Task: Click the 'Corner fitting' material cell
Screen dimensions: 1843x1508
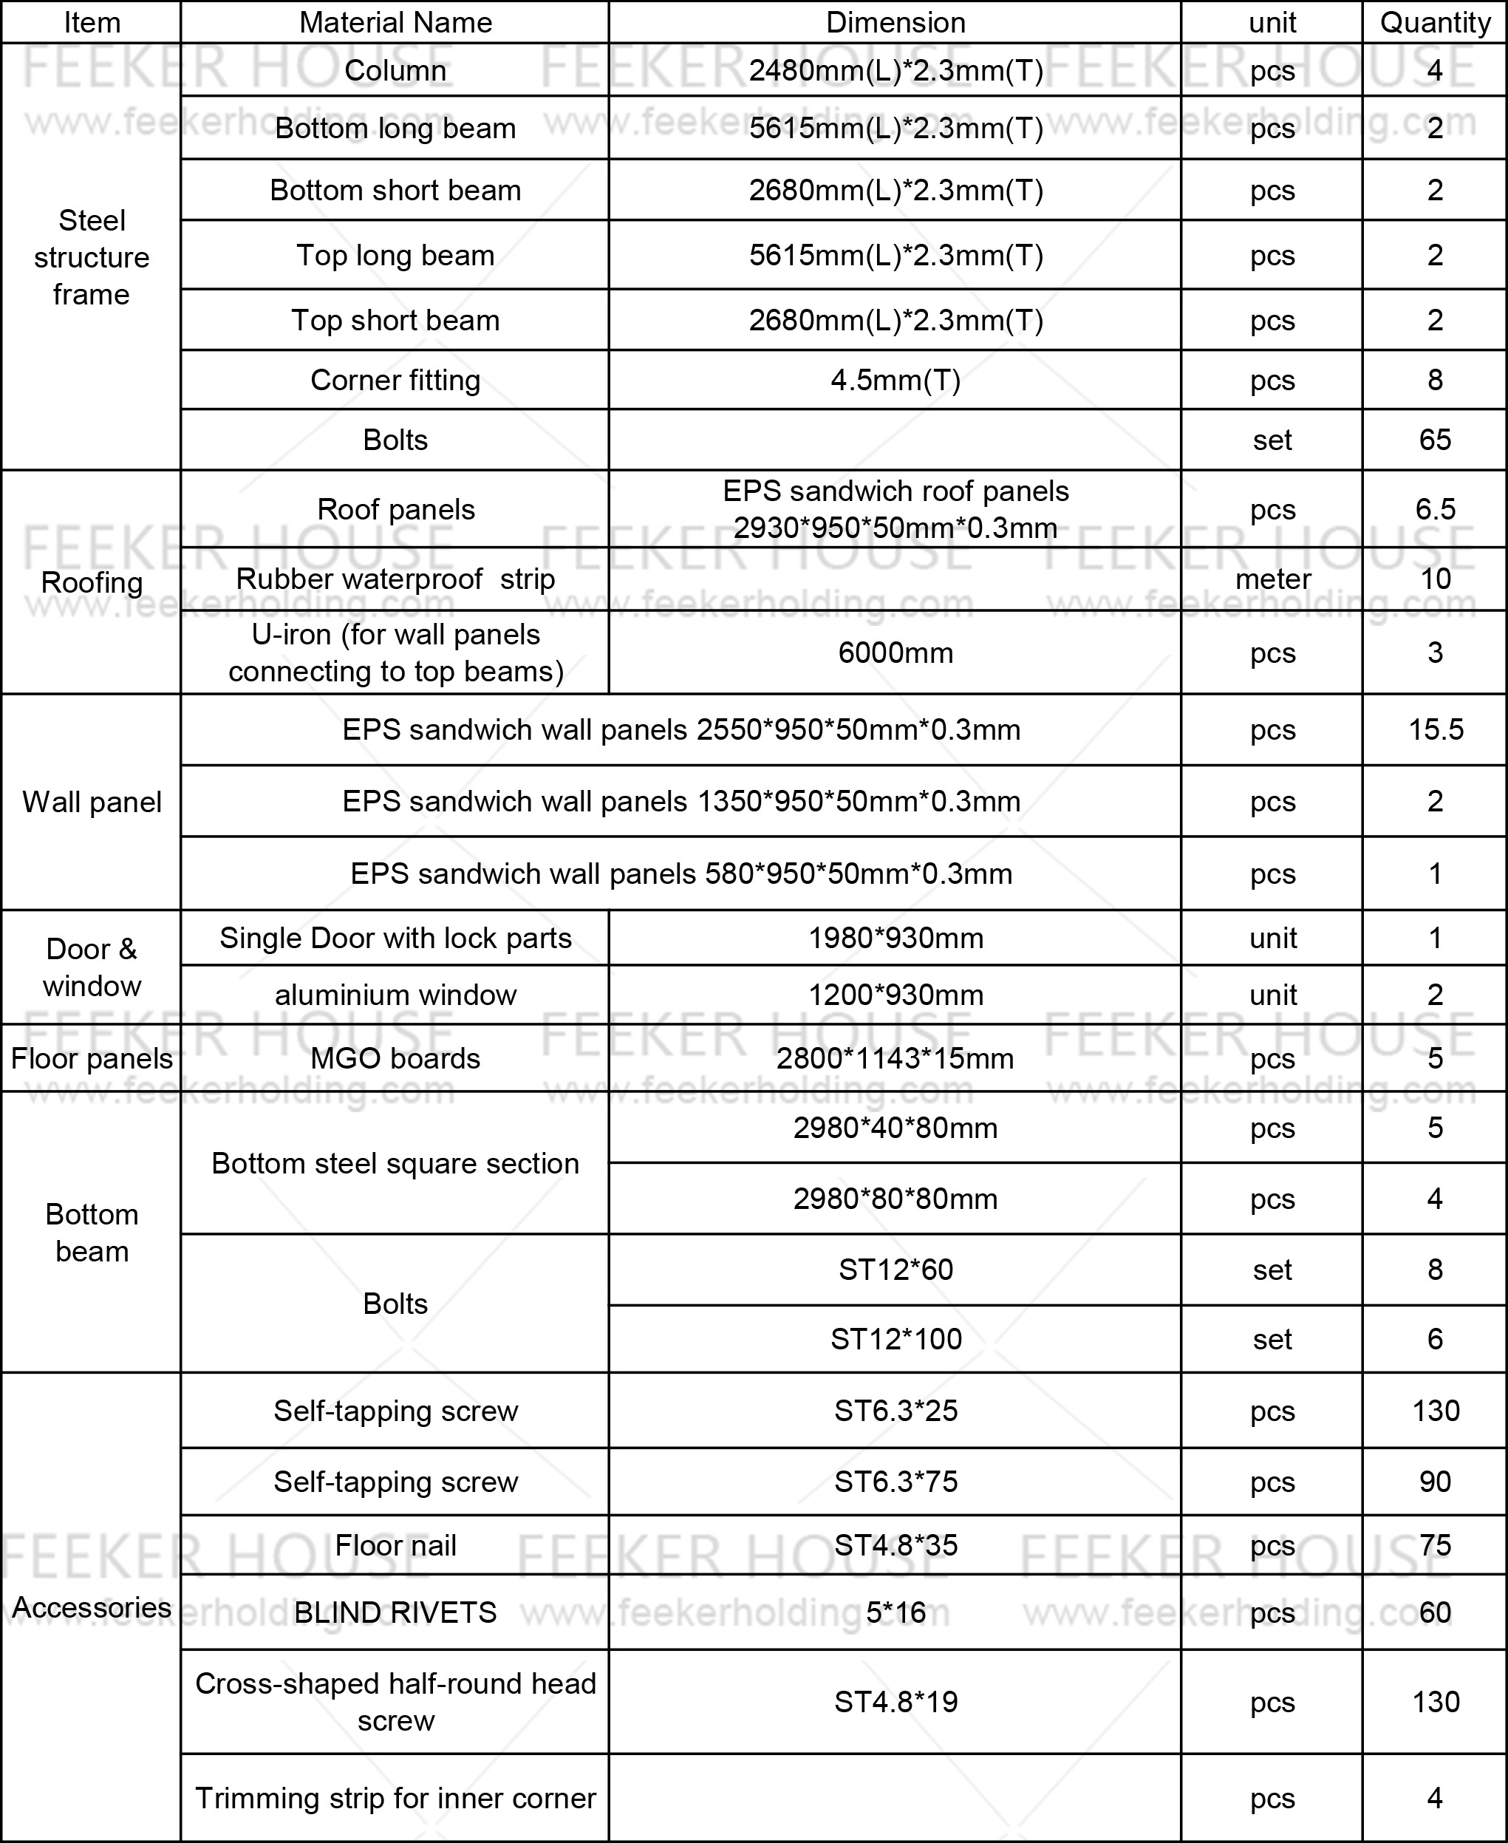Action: click(x=395, y=380)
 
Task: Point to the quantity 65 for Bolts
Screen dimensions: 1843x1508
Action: click(x=1434, y=440)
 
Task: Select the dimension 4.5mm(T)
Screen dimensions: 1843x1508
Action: click(x=895, y=380)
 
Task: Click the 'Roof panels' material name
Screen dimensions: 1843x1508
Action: click(x=395, y=509)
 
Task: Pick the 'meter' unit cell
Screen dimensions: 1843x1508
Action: click(x=1272, y=579)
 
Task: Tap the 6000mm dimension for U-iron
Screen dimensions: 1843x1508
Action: click(x=895, y=653)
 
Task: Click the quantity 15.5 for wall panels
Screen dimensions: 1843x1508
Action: click(x=1435, y=730)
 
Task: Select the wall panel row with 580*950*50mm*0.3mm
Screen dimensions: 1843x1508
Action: click(x=681, y=873)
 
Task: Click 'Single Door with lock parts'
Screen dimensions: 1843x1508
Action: click(x=395, y=938)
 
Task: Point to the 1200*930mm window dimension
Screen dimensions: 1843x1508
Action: click(x=895, y=995)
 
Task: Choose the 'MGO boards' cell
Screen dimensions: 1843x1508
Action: click(x=395, y=1058)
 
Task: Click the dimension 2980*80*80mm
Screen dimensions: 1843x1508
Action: click(x=895, y=1199)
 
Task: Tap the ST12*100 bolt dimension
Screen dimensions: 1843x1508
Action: click(x=895, y=1339)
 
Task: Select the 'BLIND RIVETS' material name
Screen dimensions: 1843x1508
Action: click(x=395, y=1612)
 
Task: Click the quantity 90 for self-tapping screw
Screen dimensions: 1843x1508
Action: click(x=1434, y=1482)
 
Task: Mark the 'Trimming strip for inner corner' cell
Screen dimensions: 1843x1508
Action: click(x=395, y=1798)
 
